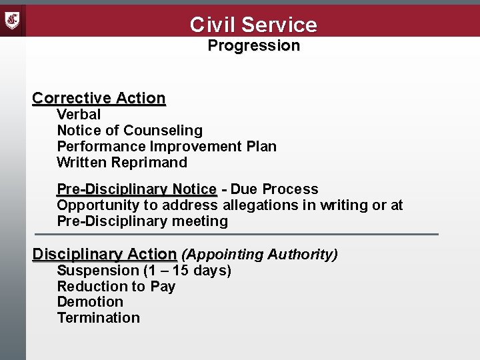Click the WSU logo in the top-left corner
[x=13, y=20]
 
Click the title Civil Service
[x=253, y=25]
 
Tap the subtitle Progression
[x=253, y=46]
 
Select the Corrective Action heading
[x=99, y=98]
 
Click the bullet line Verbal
[x=79, y=115]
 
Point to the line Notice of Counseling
[x=129, y=131]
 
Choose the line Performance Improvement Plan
[x=167, y=147]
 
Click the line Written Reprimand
[x=122, y=163]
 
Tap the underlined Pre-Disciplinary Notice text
[x=137, y=189]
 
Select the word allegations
[x=261, y=205]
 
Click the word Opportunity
[x=97, y=205]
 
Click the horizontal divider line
[x=237, y=235]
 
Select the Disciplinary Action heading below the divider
[x=105, y=255]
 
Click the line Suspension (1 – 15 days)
[x=144, y=271]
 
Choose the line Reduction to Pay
[x=116, y=287]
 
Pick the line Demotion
[x=90, y=302]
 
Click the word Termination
[x=99, y=318]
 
